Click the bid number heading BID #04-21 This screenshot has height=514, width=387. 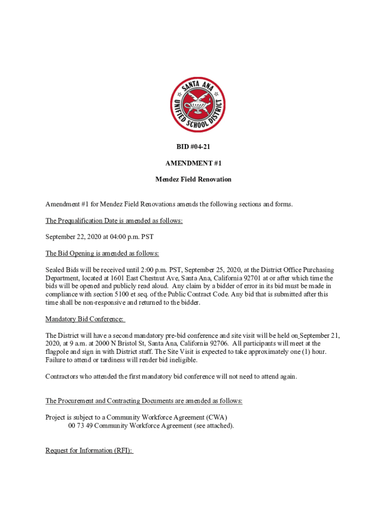(x=193, y=147)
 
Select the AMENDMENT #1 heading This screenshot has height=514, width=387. (x=193, y=163)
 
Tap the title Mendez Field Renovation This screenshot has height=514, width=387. (x=193, y=179)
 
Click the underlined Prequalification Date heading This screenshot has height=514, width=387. (x=114, y=221)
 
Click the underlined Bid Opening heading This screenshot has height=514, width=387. (x=102, y=253)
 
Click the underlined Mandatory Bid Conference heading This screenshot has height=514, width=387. (x=84, y=319)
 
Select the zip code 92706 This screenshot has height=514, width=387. (x=218, y=343)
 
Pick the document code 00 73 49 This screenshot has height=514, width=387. (x=80, y=426)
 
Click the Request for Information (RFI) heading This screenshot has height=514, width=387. (x=89, y=450)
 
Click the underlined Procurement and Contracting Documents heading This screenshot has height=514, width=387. (x=144, y=401)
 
